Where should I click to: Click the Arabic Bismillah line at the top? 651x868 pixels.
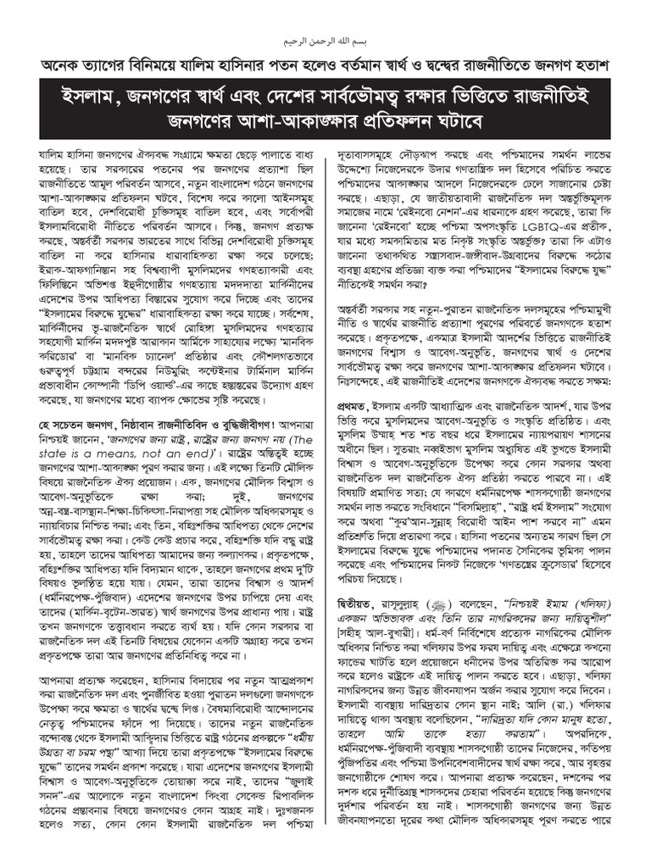tap(325, 41)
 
